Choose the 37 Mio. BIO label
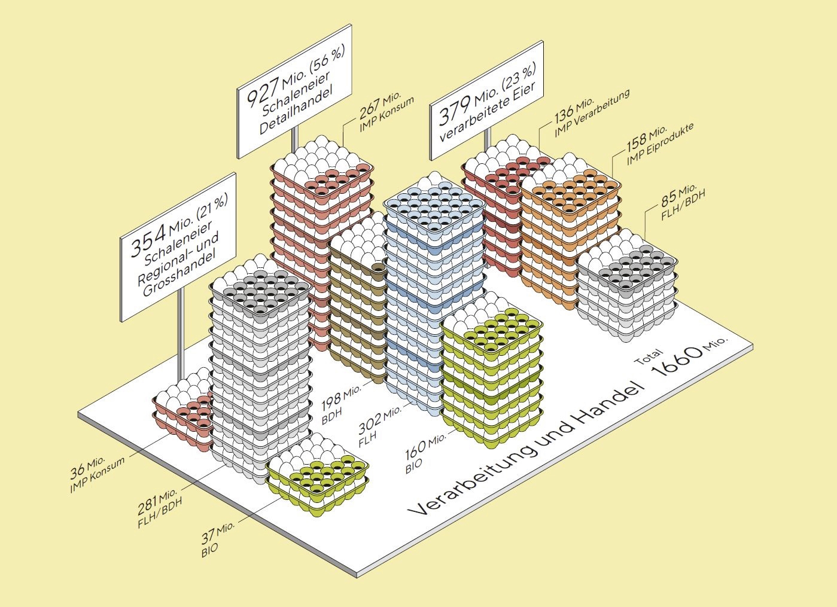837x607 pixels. point(218,538)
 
